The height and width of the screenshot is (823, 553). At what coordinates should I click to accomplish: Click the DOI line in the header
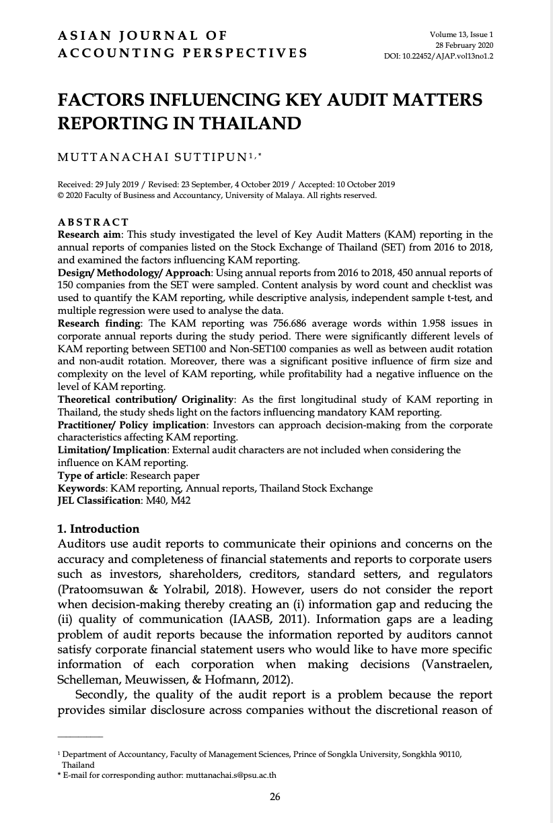pyautogui.click(x=439, y=56)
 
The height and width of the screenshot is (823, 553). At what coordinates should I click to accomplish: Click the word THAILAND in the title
pyautogui.click(x=246, y=123)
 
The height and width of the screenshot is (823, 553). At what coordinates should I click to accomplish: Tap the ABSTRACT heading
pyautogui.click(x=93, y=222)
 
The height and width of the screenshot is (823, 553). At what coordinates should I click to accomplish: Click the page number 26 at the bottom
pyautogui.click(x=275, y=797)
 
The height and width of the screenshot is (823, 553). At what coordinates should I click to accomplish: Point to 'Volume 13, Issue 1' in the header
pyautogui.click(x=462, y=34)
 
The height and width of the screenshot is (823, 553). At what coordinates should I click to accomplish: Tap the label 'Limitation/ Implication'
pyautogui.click(x=111, y=450)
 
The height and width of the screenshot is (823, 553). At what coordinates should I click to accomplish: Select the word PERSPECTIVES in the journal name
pyautogui.click(x=249, y=53)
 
